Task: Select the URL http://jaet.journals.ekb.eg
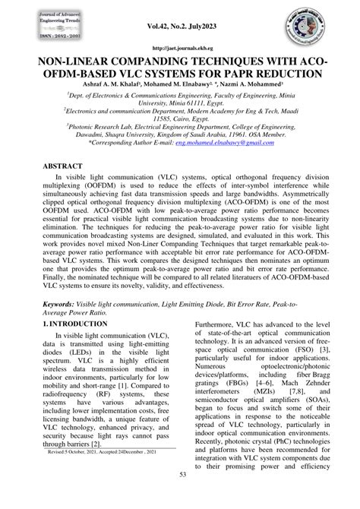tap(179, 47)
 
